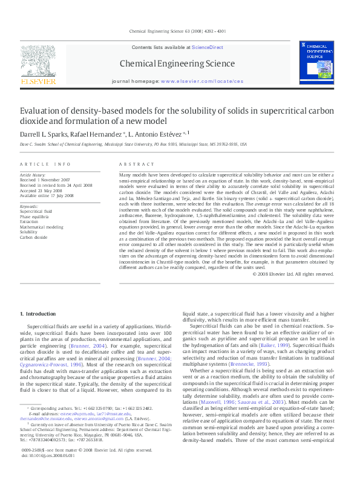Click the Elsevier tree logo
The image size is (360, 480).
tap(38, 60)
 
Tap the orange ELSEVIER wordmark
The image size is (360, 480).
tap(38, 81)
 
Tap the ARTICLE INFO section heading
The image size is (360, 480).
tap(45, 164)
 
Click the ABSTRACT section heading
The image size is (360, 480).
tap(133, 164)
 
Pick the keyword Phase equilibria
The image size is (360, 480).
tap(34, 216)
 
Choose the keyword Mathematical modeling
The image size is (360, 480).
tap(41, 227)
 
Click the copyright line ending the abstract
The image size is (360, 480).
tap(299, 273)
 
